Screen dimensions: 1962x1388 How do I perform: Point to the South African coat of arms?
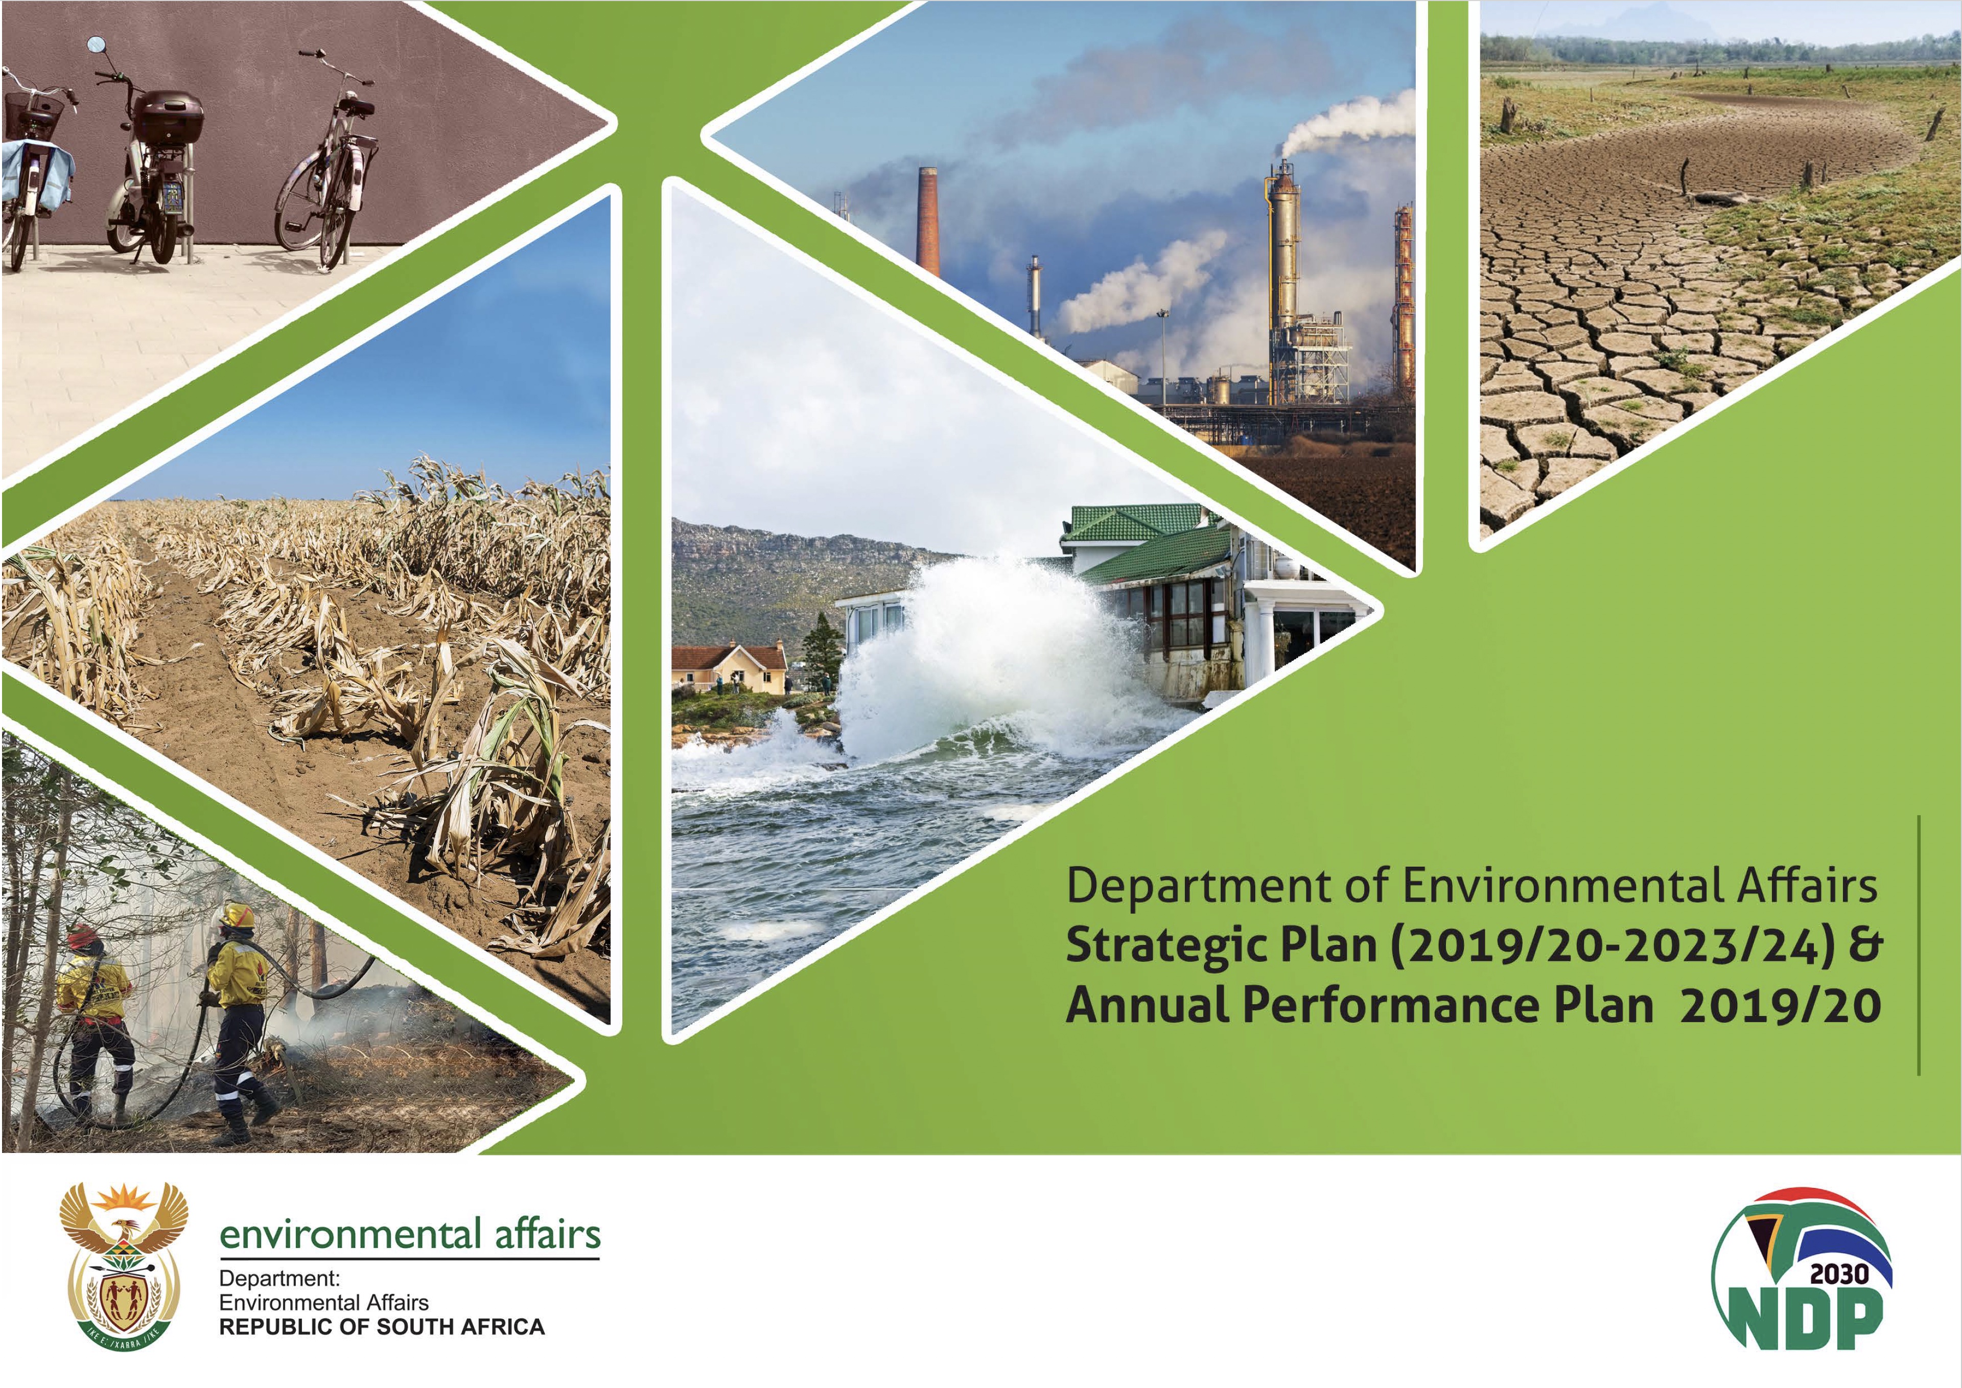pos(123,1265)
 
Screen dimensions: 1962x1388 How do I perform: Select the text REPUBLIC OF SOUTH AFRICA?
pos(382,1327)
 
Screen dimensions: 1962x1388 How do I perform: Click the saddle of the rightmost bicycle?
pos(359,107)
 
